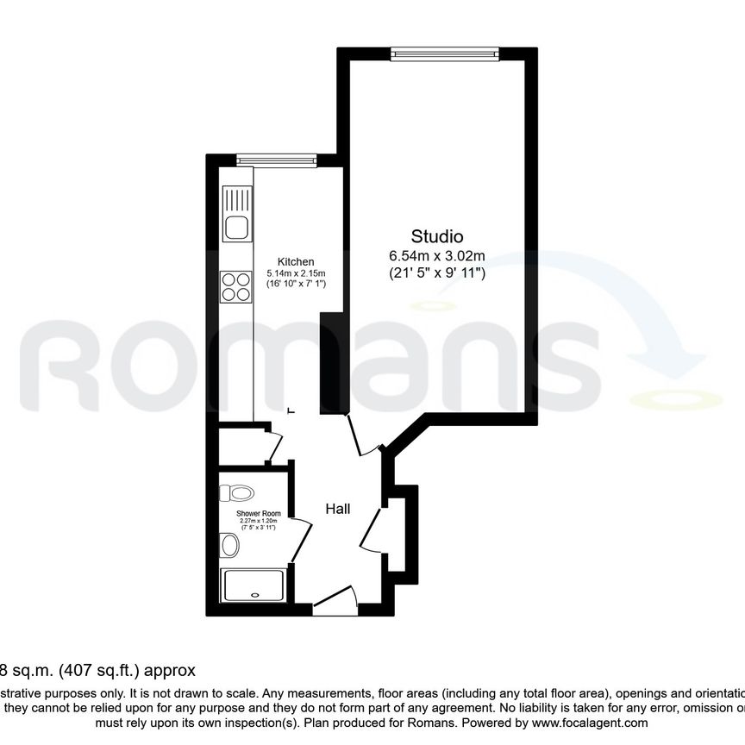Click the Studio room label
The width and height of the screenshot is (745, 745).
437,236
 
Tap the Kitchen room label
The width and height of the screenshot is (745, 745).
295,262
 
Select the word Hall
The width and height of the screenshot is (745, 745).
337,509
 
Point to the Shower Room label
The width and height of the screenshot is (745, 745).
259,514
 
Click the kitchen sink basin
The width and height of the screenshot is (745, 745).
237,229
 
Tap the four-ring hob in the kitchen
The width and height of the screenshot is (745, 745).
237,286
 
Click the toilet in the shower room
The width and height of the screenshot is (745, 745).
236,493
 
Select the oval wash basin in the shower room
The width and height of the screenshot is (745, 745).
229,545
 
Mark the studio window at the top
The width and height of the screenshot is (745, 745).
444,53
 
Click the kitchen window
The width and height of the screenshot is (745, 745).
277,160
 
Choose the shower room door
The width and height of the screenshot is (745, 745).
300,541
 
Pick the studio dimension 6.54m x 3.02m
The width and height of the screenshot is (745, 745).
437,256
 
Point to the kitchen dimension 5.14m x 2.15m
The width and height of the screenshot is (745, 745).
295,273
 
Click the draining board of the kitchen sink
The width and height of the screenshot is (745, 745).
237,200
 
